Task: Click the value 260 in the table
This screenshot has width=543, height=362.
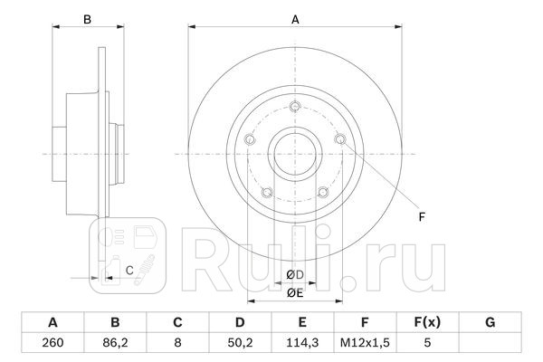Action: [52, 343]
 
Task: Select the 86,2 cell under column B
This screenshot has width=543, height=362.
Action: [115, 343]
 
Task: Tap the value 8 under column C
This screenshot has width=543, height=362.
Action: [178, 343]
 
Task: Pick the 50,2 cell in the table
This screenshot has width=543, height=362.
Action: [241, 343]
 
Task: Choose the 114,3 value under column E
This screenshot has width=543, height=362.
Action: [303, 343]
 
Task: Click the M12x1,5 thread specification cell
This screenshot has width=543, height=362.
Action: [365, 343]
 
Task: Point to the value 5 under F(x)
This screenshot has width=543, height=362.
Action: [427, 343]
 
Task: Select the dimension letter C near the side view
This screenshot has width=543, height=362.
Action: [129, 270]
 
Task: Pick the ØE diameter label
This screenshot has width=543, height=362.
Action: [294, 291]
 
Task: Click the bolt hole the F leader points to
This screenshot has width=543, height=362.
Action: [339, 139]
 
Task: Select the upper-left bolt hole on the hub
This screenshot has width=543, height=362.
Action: [251, 139]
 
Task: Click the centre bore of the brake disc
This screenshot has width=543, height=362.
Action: [295, 153]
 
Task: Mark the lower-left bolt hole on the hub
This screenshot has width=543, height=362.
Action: [267, 191]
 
